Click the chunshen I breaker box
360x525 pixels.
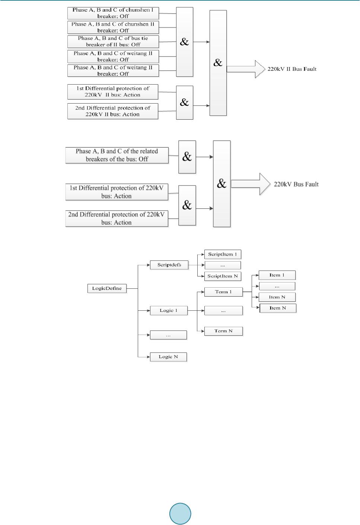[x=113, y=13]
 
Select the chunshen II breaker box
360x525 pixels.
[x=113, y=27]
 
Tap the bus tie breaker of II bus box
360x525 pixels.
[x=113, y=41]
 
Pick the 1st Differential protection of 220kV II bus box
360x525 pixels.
[x=112, y=92]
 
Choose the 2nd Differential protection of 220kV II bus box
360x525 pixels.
[x=112, y=111]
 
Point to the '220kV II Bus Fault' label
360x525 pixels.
[x=292, y=69]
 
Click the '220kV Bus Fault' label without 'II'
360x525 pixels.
[x=296, y=184]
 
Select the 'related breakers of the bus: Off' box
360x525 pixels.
[x=117, y=155]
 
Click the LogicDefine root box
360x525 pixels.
[x=107, y=288]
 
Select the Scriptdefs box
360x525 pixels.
[x=169, y=265]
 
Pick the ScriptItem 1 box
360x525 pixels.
[x=222, y=254]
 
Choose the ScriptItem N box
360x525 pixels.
[x=222, y=276]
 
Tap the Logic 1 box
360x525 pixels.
[x=168, y=310]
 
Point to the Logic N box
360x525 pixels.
[x=168, y=357]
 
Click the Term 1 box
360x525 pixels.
[x=223, y=292]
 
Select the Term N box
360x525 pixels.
[x=223, y=331]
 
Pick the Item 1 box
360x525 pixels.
[x=277, y=275]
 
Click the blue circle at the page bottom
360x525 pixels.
[x=180, y=514]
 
